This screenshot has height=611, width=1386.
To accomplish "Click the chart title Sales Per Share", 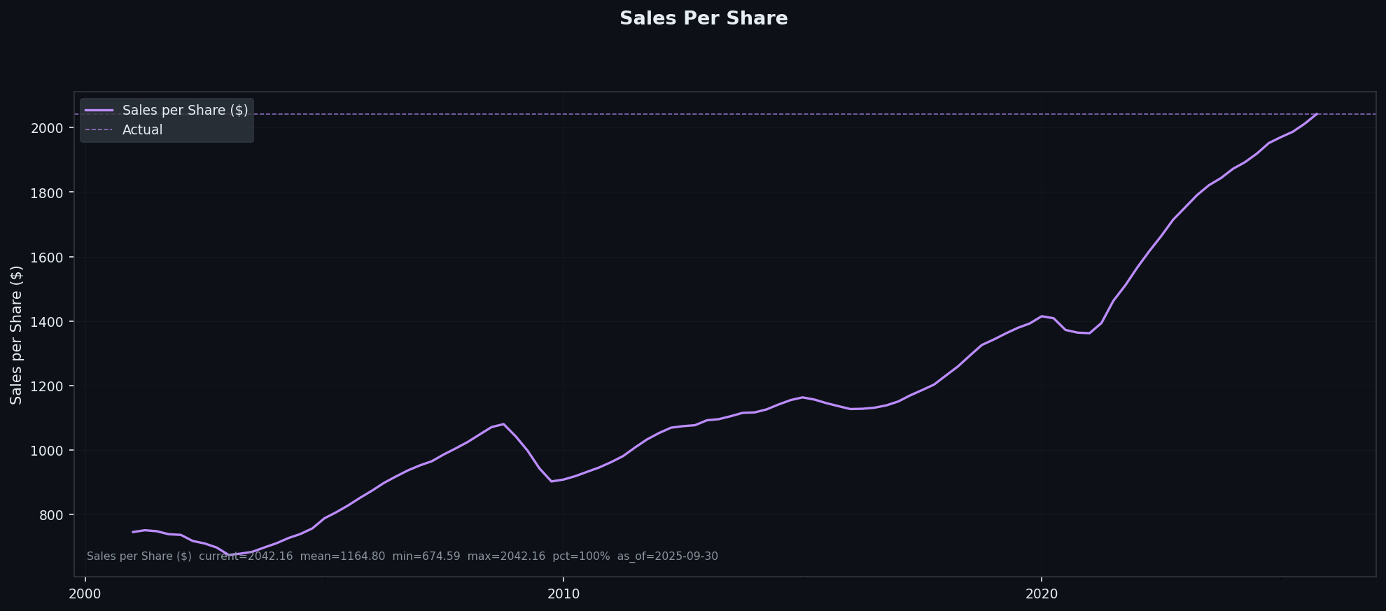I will [703, 19].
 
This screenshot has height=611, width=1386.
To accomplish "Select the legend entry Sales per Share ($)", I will [185, 111].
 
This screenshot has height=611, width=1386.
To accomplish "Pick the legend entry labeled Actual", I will [142, 130].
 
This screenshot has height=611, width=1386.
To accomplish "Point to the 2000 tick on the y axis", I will [47, 128].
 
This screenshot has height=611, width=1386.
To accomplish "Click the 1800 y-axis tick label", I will [47, 192].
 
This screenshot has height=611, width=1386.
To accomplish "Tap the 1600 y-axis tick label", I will [47, 258].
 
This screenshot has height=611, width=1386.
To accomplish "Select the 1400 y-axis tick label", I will [47, 322].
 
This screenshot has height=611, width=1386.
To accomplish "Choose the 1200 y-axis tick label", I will [47, 386].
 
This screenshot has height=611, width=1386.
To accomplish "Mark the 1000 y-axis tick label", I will [47, 451].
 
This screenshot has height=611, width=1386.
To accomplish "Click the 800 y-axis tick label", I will [52, 515].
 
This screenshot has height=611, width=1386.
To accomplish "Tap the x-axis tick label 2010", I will [563, 594].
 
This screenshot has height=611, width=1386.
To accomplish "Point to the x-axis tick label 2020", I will [1042, 594].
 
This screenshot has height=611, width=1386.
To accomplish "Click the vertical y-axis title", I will [16, 335].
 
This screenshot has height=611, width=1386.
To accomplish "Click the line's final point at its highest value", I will [1317, 114].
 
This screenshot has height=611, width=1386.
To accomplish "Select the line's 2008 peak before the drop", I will [503, 424].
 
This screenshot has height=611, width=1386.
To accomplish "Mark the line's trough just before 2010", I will [552, 481].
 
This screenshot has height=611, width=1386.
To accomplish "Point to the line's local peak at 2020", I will [1042, 316].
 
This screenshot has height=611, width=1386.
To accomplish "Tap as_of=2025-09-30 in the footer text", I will [667, 556].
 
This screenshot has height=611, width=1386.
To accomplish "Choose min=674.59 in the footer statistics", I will [426, 556].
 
